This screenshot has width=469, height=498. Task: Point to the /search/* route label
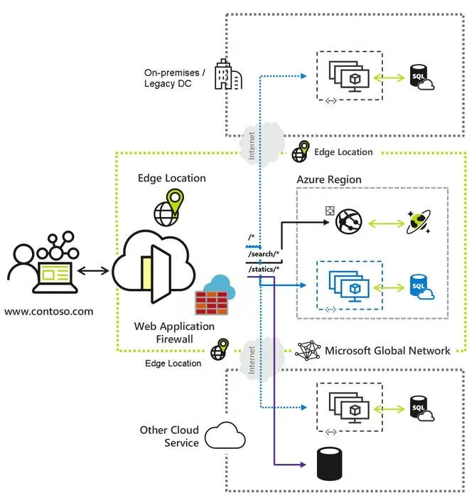coord(264,254)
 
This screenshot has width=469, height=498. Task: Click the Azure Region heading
coord(329,179)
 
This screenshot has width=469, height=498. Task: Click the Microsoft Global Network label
coord(387,351)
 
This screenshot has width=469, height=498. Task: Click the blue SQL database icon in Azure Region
coord(420,287)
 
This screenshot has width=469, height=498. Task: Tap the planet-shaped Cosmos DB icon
coord(416,223)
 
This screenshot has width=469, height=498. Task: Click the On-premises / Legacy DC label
coord(174,78)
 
